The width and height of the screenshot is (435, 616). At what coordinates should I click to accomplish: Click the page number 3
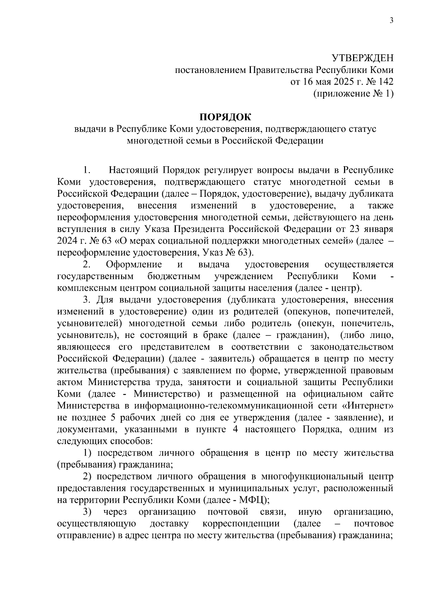[391, 20]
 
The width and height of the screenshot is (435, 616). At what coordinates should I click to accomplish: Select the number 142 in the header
[385, 82]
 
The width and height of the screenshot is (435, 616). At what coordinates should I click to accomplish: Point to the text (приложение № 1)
[353, 94]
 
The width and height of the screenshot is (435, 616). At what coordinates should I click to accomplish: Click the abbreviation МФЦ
[252, 499]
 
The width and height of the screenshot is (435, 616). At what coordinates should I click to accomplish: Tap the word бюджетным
[174, 277]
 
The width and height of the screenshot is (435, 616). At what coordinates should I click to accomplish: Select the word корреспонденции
[241, 524]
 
